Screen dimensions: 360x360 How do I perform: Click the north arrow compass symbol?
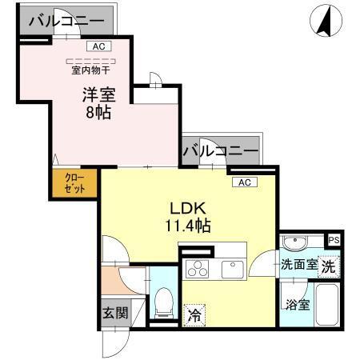(x=325, y=21)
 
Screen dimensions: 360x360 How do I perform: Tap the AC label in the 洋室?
(x=98, y=46)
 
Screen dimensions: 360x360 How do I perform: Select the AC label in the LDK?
(x=244, y=182)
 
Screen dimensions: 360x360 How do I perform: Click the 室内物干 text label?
(x=90, y=68)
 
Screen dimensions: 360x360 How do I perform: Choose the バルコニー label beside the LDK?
(x=220, y=150)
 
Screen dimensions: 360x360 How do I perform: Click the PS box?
(x=334, y=240)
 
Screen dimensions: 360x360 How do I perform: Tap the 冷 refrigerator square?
(x=194, y=315)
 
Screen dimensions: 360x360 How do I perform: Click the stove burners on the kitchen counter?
(x=196, y=267)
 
